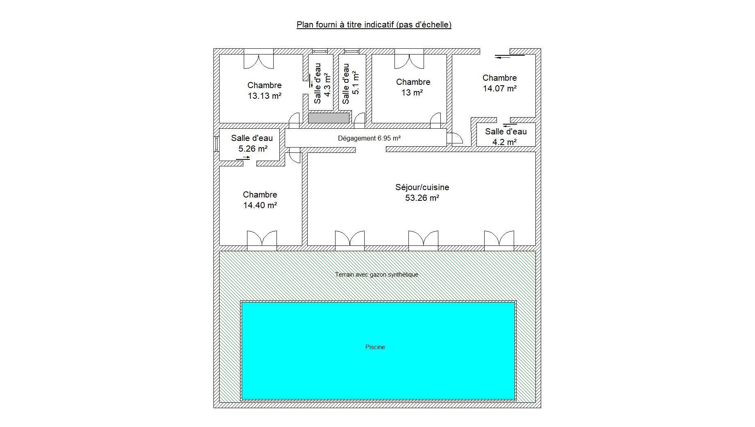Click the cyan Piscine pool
tap(378, 350)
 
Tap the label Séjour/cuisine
tap(422, 187)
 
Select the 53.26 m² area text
tap(422, 198)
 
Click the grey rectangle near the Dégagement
tap(329, 118)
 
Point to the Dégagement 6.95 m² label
tap(369, 139)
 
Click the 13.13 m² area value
tap(264, 96)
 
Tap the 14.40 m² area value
tap(260, 205)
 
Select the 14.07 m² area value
tap(499, 89)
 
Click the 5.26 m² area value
tap(253, 149)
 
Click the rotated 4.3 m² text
tap(327, 85)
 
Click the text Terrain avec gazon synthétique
tap(376, 275)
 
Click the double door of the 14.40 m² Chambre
tap(262, 241)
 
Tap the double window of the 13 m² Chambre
tap(409, 59)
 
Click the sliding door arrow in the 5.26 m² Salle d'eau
tap(243, 157)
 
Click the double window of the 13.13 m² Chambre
tap(258, 59)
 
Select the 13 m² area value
tap(412, 93)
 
